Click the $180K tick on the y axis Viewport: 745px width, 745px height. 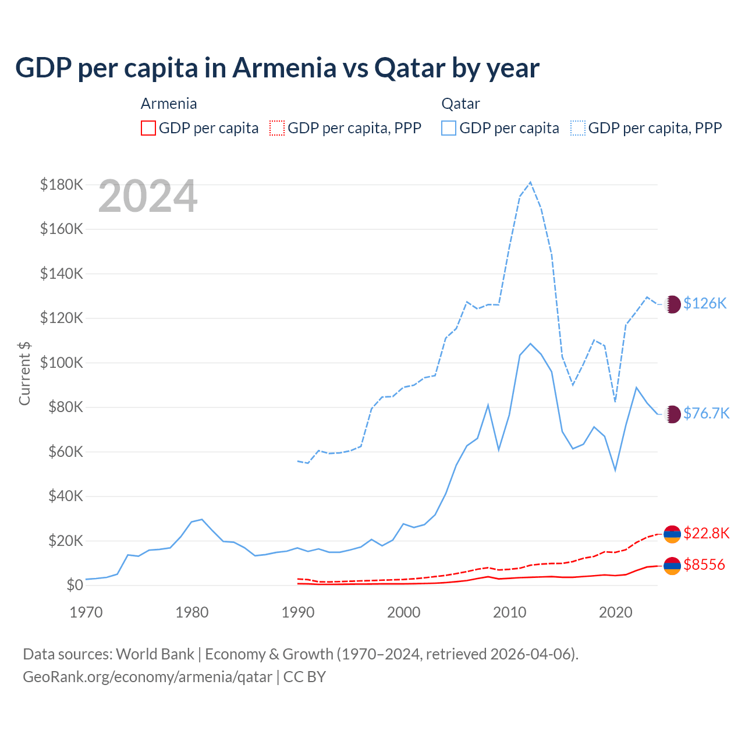pos(62,185)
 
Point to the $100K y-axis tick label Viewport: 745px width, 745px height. pos(62,363)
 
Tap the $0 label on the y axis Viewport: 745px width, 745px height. pos(74,585)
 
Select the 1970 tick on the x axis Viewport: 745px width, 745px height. pos(86,612)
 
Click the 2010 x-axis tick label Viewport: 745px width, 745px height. pos(510,612)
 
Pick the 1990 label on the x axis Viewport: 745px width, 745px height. pos(298,612)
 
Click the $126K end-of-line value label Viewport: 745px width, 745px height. pos(705,303)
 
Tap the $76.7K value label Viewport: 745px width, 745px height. pos(706,413)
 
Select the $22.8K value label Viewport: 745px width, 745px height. pos(706,533)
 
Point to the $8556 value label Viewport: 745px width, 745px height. pos(704,565)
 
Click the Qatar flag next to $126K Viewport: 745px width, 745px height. pos(672,304)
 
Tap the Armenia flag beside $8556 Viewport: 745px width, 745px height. pos(672,565)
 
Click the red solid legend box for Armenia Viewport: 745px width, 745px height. pos(148,128)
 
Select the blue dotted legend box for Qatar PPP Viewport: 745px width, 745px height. pos(578,128)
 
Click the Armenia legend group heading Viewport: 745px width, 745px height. pos(169,104)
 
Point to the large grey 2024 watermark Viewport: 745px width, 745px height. pos(148,197)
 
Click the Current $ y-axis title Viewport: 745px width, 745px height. pos(24,373)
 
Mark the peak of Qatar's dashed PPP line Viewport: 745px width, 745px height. pos(530,182)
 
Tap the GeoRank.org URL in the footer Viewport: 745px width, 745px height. pos(147,677)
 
